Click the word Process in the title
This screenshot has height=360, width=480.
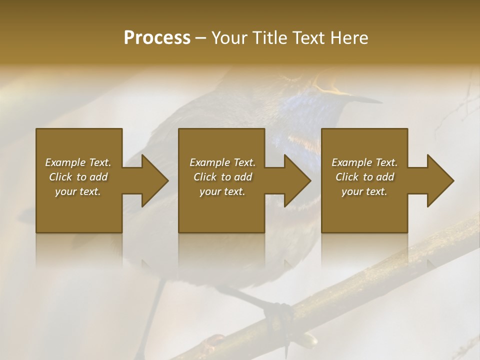point(156,38)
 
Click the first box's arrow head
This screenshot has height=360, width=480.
point(154,180)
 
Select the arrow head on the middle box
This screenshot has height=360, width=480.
point(297,180)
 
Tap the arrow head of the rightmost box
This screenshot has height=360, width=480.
point(440,180)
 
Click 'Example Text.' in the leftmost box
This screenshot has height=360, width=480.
point(78,162)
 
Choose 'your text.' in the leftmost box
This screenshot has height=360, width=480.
point(78,191)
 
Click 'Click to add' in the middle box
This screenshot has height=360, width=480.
point(222,177)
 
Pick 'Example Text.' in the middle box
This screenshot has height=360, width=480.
point(222,162)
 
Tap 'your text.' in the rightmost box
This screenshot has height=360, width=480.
point(364,191)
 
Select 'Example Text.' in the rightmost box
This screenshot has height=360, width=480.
point(364,162)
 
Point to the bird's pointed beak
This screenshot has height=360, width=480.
point(367,99)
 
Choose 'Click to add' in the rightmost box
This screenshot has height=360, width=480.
point(364,177)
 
